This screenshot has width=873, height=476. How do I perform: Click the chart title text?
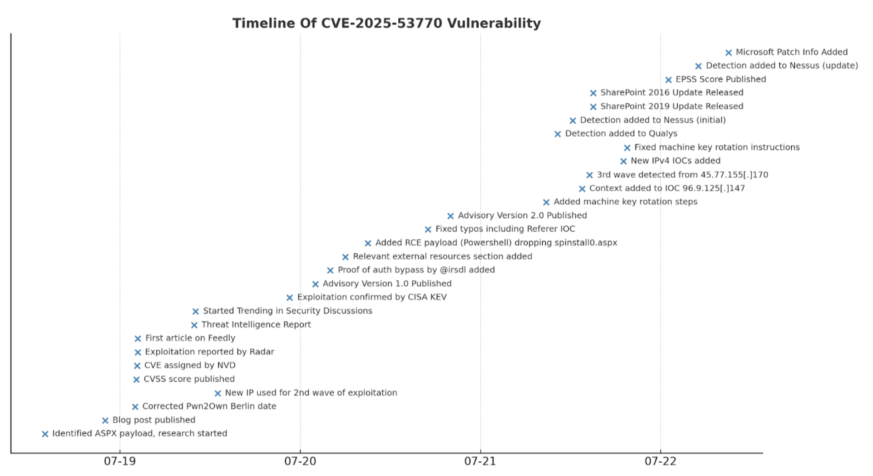pyautogui.click(x=386, y=23)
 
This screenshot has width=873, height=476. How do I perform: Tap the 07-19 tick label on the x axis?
pyautogui.click(x=120, y=461)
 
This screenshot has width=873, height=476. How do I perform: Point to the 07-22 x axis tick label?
pyautogui.click(x=660, y=461)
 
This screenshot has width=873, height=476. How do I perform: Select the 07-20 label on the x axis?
pyautogui.click(x=300, y=461)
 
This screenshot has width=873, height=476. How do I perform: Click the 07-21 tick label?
pyautogui.click(x=480, y=461)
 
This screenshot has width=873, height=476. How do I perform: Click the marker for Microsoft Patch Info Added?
pyautogui.click(x=728, y=53)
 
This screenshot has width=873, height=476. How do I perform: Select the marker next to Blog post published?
pyautogui.click(x=105, y=420)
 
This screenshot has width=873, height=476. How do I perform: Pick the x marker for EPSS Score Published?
pyautogui.click(x=669, y=80)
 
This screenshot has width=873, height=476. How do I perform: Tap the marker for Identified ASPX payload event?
pyautogui.click(x=45, y=434)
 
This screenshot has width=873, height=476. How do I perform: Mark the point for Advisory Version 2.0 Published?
pyautogui.click(x=450, y=216)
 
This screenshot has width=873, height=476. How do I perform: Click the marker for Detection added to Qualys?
pyautogui.click(x=557, y=134)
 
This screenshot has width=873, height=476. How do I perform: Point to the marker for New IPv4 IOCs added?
pyautogui.click(x=624, y=161)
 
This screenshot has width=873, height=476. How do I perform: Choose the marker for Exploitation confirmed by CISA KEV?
pyautogui.click(x=289, y=298)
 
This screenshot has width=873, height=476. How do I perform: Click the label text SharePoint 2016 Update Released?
pyautogui.click(x=671, y=92)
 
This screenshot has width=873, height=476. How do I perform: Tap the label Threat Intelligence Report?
pyautogui.click(x=256, y=324)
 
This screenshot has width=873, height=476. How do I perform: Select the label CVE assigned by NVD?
pyautogui.click(x=190, y=365)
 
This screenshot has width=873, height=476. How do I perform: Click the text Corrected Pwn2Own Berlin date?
pyautogui.click(x=209, y=406)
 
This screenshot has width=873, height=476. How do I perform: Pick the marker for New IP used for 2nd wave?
pyautogui.click(x=218, y=393)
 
